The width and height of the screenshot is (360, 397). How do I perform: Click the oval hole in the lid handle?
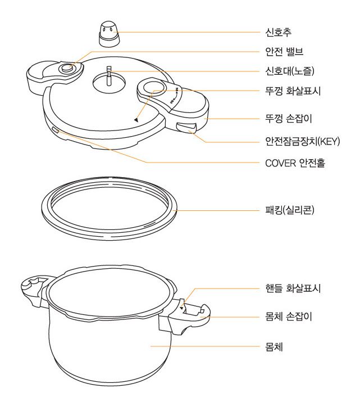tap(153, 88)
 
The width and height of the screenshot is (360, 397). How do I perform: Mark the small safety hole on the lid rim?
tap(54, 130)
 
